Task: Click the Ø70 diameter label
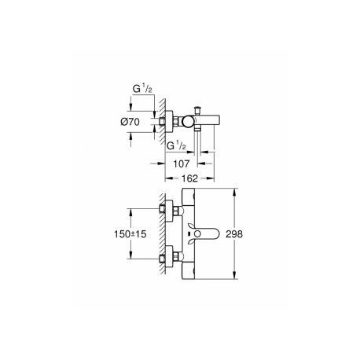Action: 130,122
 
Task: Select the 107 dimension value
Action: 182,163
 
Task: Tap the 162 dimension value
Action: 189,178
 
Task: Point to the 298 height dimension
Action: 234,234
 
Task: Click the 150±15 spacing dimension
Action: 130,234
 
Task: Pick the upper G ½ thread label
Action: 142,89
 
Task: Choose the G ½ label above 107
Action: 176,145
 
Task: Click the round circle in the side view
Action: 188,122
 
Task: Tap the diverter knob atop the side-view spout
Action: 197,109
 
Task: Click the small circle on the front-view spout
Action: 198,233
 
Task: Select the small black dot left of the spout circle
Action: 189,233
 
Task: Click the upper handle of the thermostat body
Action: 189,198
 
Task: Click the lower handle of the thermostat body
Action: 189,270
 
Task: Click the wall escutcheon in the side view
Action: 169,121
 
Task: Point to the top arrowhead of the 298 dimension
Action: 235,192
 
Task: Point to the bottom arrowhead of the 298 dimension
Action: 235,276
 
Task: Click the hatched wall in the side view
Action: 163,121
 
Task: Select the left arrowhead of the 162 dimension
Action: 169,178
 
